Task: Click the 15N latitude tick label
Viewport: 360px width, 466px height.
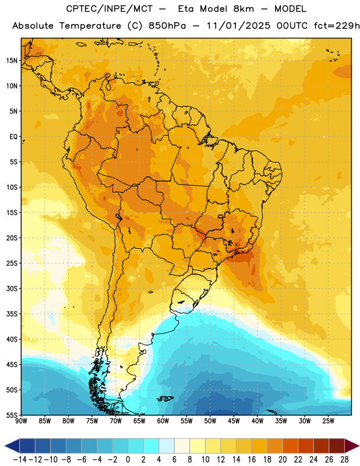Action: point(12,61)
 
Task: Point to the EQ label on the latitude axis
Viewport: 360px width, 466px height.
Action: point(13,137)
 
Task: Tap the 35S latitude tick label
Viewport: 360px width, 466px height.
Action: point(12,314)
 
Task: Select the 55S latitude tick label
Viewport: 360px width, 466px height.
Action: point(12,415)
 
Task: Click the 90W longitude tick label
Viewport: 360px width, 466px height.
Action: point(21,421)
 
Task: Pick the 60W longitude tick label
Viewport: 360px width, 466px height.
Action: point(163,421)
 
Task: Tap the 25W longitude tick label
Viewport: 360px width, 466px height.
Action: point(328,421)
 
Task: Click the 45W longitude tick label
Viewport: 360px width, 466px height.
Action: point(234,421)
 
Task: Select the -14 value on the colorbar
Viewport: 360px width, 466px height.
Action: point(20,460)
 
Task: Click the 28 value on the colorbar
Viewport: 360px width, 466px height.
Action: point(344,460)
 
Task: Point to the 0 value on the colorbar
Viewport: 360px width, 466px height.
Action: point(128,460)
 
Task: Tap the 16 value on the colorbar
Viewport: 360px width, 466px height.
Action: point(252,460)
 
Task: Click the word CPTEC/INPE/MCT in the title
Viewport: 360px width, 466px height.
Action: point(109,9)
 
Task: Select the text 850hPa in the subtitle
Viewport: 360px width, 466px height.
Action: point(167,26)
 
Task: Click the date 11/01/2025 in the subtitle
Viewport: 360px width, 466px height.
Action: point(238,26)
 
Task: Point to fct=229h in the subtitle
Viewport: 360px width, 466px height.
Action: point(337,26)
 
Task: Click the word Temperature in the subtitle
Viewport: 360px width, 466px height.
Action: point(90,26)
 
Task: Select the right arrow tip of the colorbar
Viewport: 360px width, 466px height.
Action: point(359,446)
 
